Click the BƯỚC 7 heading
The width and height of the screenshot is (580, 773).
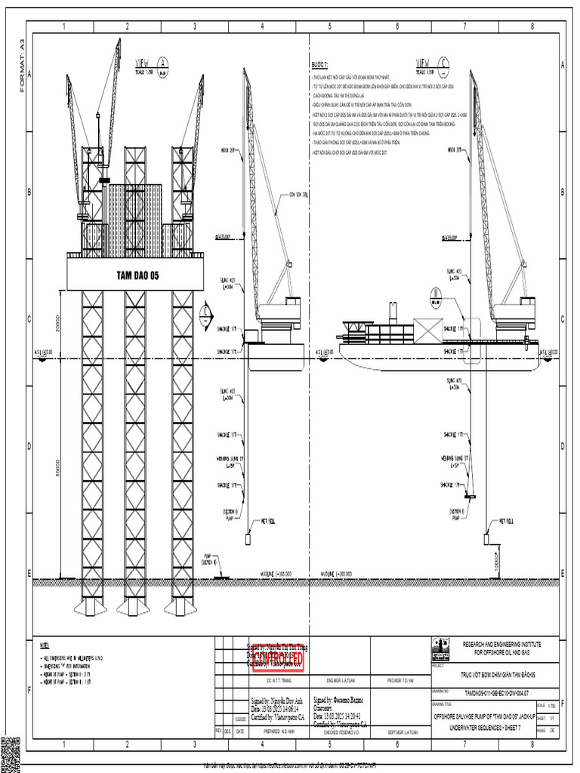[321, 66]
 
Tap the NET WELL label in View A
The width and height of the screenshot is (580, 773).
[270, 521]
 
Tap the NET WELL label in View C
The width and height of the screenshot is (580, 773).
[507, 521]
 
